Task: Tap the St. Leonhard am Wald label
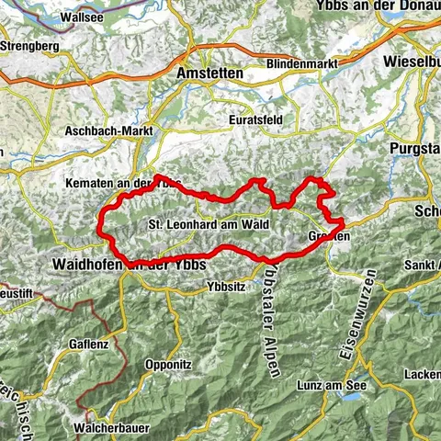pyautogui.click(x=200, y=225)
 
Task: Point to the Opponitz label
pyautogui.click(x=168, y=364)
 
